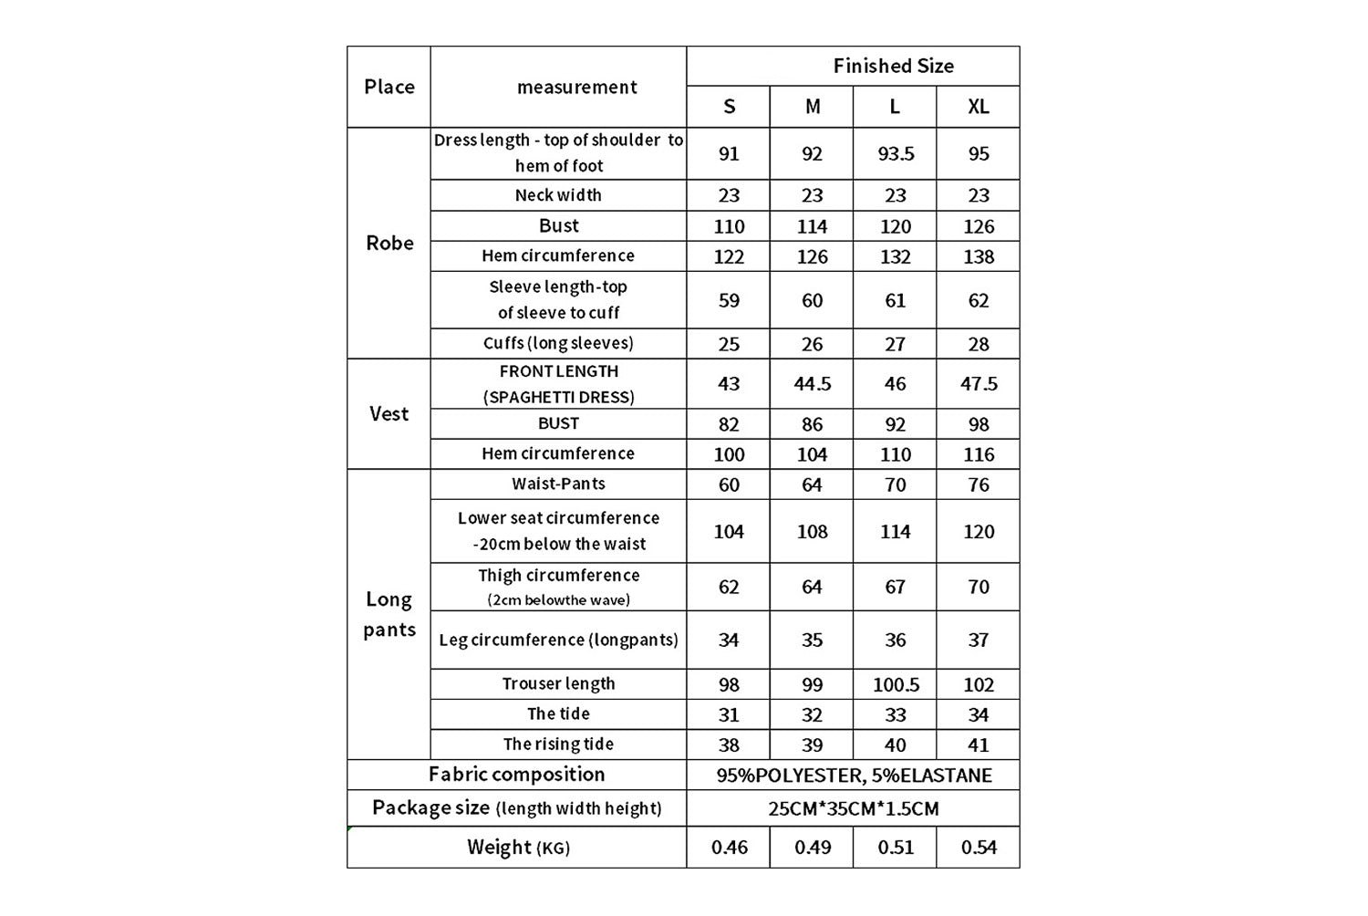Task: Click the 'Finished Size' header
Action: pos(893,66)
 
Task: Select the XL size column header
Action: pos(978,107)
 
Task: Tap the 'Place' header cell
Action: pos(389,87)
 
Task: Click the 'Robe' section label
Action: pos(389,243)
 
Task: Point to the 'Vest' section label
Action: pos(389,413)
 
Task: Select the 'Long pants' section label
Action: pos(389,614)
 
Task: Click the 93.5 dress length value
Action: pos(896,153)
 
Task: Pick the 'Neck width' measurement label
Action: pos(558,195)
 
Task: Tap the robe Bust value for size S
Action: pos(729,226)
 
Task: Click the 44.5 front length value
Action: pos(812,383)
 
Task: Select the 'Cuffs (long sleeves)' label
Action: pos(558,343)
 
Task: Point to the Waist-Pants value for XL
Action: pos(978,484)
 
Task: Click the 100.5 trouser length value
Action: pos(896,684)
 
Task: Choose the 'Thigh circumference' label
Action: pos(558,576)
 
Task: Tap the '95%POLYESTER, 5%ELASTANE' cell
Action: pos(854,775)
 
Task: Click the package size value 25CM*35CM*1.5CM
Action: pos(854,808)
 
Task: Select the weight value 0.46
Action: pos(729,848)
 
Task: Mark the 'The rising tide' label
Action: pos(558,744)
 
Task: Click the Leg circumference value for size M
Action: pos(812,640)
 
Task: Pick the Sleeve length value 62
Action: pos(978,300)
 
